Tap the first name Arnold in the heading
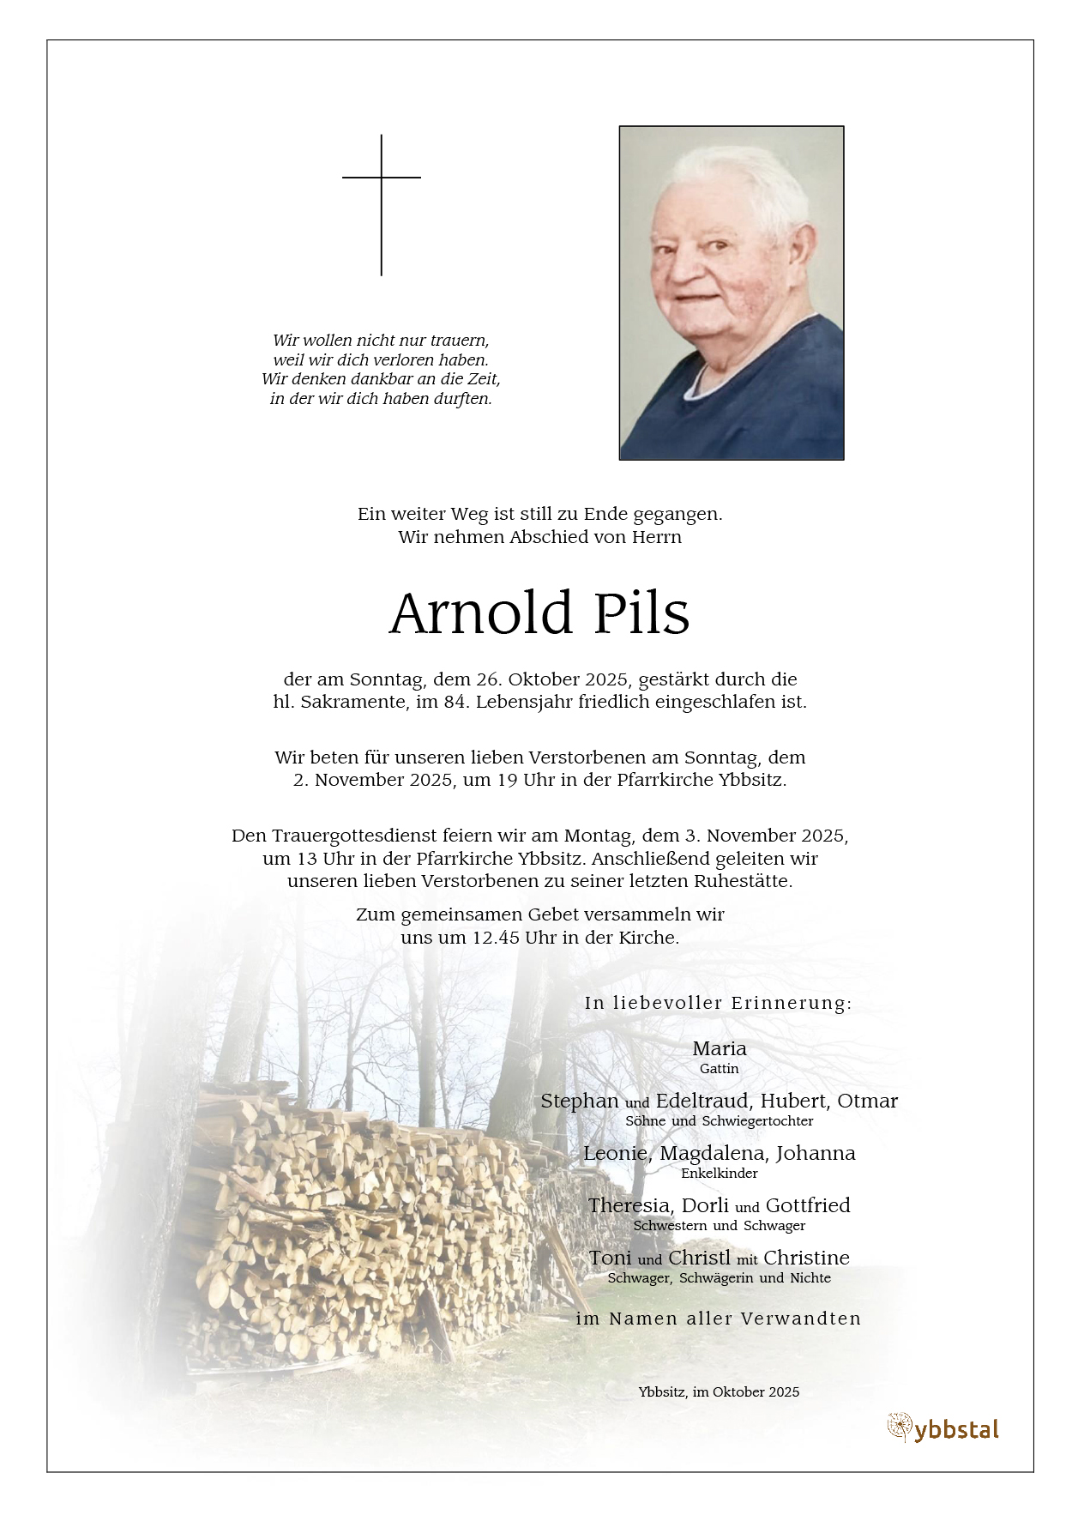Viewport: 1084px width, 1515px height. click(x=481, y=614)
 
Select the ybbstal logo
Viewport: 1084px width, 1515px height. click(x=943, y=1428)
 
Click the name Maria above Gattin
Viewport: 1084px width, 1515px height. click(x=719, y=1048)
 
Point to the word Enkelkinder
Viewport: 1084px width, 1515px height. click(x=719, y=1173)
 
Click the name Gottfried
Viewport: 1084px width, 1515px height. click(x=807, y=1205)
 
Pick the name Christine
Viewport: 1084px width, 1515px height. click(x=806, y=1258)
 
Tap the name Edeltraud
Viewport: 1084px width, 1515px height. click(x=702, y=1101)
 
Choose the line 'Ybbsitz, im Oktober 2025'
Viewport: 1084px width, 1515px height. click(x=719, y=1392)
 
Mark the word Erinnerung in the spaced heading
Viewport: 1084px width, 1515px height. click(x=791, y=1003)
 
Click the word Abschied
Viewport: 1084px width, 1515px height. click(x=548, y=537)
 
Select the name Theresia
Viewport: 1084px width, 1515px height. click(x=628, y=1205)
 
